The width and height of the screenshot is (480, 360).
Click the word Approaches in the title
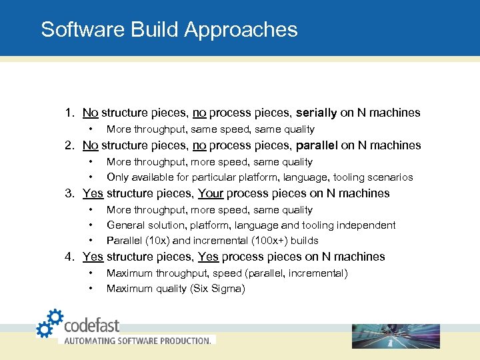point(241,30)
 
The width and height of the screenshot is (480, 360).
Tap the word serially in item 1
point(317,113)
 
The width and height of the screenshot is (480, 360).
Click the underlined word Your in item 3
point(211,193)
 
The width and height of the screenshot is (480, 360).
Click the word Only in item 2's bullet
point(117,177)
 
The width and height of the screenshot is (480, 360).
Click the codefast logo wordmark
point(91,325)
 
